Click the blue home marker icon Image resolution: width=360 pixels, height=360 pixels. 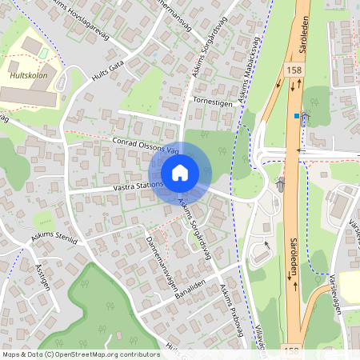(x=180, y=173)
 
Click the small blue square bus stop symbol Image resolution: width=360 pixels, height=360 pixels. (x=296, y=116)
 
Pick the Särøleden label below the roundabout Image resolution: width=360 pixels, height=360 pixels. (x=292, y=258)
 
